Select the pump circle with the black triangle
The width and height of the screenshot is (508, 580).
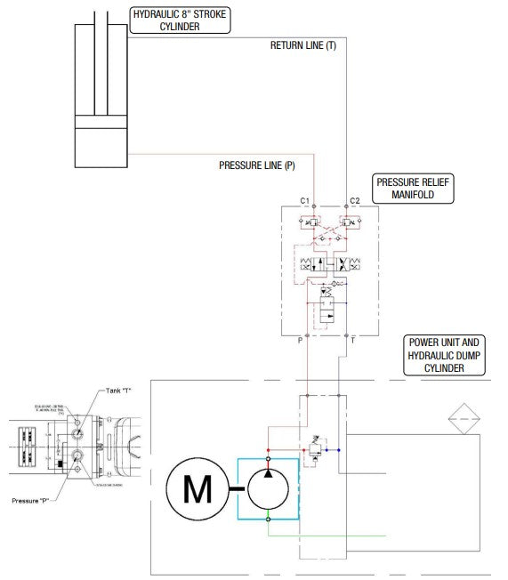pyautogui.click(x=268, y=487)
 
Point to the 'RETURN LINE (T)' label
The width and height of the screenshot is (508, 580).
pyautogui.click(x=303, y=44)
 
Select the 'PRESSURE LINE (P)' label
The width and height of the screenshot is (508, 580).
pyautogui.click(x=257, y=165)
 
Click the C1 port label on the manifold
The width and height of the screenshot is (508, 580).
pyautogui.click(x=305, y=201)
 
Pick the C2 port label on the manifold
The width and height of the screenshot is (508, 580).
pyautogui.click(x=354, y=201)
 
